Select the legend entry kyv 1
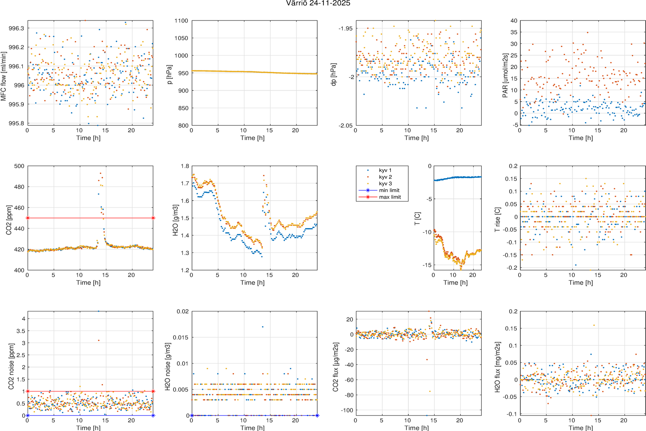(385, 170)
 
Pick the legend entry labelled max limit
(390, 197)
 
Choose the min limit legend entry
(389, 190)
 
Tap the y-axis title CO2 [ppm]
(9, 220)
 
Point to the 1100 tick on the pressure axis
(181, 21)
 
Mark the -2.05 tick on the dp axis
(345, 126)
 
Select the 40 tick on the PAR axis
(514, 21)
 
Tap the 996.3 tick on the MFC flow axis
(17, 28)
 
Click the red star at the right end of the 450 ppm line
(153, 218)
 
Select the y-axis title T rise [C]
(497, 219)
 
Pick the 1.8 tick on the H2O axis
(185, 166)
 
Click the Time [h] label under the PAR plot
(581, 138)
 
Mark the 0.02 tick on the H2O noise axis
(183, 311)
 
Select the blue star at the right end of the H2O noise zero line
(317, 416)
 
